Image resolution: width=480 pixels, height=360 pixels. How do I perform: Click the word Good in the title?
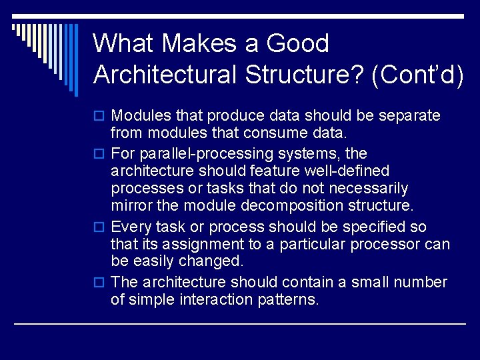click(x=297, y=44)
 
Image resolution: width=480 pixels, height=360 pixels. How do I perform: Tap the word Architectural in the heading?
click(x=165, y=75)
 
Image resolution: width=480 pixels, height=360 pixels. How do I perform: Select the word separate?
click(x=409, y=116)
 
